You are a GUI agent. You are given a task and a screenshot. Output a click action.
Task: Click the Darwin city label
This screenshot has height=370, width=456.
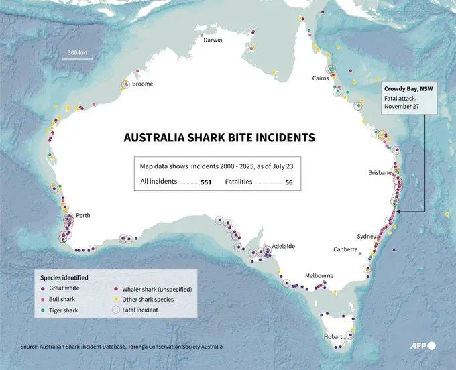coord(213,40)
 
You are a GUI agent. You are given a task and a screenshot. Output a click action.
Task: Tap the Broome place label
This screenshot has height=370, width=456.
coord(142,84)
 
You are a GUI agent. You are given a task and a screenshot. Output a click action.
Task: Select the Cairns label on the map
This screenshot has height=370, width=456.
coord(319,78)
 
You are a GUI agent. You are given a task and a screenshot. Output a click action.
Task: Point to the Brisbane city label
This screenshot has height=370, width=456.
coord(380,173)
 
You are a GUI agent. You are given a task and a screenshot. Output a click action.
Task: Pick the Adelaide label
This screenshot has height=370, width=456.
coord(284,246)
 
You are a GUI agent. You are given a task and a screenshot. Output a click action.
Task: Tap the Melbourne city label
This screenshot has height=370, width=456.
coord(319,275)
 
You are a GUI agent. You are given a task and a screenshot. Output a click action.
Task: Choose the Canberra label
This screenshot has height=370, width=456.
coord(346,249)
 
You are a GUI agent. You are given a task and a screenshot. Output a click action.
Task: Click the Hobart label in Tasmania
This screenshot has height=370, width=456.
coord(333,336)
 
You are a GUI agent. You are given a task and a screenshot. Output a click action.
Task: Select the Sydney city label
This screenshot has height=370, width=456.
coord(367,237)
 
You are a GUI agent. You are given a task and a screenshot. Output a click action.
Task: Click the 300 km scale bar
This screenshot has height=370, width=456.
coord(77,56)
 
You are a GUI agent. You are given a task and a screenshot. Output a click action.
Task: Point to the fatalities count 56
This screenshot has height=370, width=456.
coord(289,182)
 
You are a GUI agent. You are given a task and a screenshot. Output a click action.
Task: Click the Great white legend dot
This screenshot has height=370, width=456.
coord(44,288)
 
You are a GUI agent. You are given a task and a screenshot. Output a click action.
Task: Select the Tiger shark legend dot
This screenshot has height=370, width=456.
coord(44,310)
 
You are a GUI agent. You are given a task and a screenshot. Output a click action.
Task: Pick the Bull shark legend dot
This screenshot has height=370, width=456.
coord(44,300)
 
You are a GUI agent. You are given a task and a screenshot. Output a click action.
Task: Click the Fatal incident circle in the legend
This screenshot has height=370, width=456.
coord(117,310)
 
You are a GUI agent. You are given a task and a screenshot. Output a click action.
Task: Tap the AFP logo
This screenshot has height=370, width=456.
coord(422,346)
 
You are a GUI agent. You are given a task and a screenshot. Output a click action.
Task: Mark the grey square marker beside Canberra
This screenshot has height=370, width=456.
coord(360,255)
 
